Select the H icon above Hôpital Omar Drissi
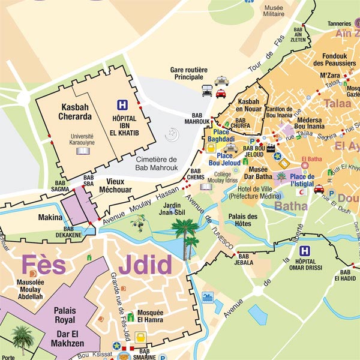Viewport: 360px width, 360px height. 305,251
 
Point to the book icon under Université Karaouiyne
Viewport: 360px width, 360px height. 82,151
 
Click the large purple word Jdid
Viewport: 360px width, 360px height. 145,265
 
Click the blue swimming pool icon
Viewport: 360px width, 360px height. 208,297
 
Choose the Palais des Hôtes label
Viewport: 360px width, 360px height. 243,220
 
